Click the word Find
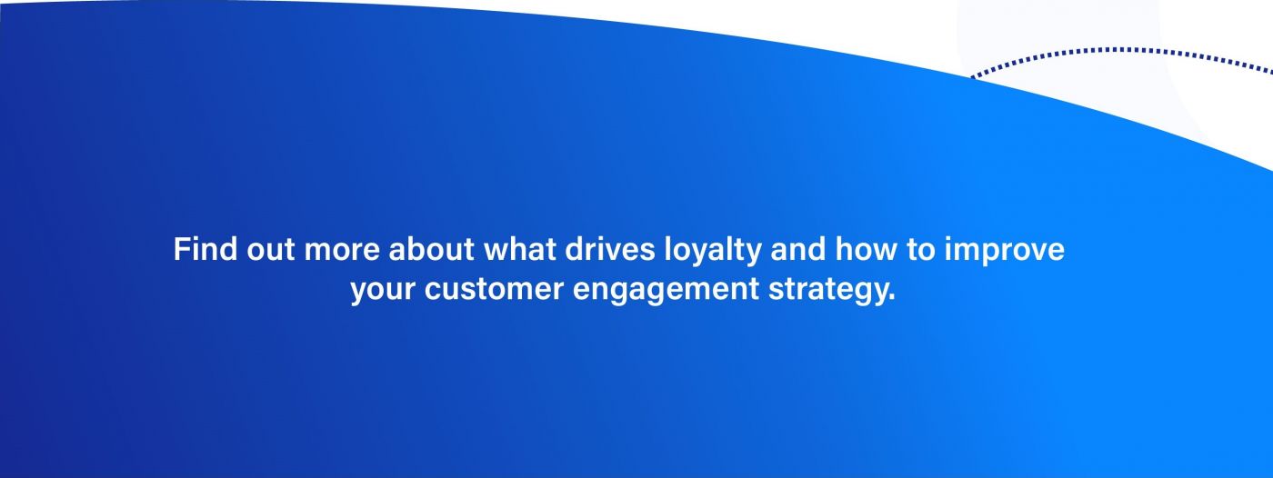[205, 249]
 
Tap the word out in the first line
[271, 250]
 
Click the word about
[431, 249]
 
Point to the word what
[520, 249]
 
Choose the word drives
[610, 249]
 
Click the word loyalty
[713, 252]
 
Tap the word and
[798, 249]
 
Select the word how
[867, 249]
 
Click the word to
[921, 250]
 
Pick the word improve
[1005, 252]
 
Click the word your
[383, 291]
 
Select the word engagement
[666, 291]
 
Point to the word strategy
[827, 291]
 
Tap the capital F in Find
[181, 249]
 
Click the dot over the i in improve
[948, 240]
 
